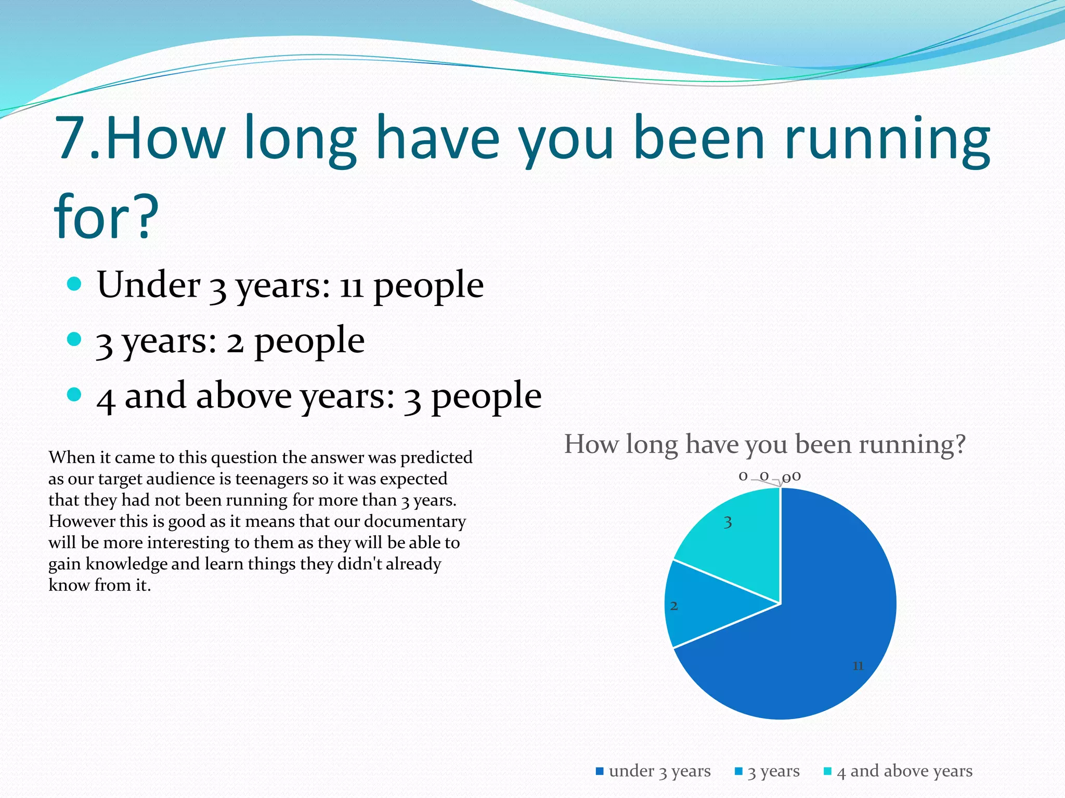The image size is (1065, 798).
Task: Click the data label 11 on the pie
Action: click(858, 666)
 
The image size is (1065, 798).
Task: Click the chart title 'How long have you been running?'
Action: click(764, 445)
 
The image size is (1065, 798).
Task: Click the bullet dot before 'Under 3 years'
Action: click(75, 284)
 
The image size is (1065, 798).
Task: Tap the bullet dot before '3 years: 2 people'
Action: click(75, 339)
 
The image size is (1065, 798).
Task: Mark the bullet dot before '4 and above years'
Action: click(75, 394)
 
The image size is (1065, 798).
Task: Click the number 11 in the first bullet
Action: click(351, 286)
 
